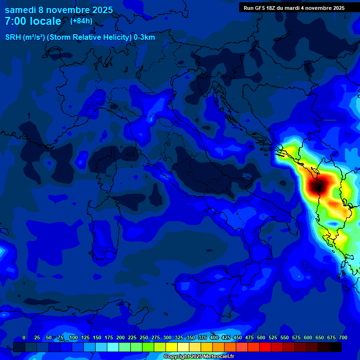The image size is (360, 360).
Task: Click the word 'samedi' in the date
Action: (x=21, y=10)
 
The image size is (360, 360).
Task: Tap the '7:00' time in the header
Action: (x=15, y=22)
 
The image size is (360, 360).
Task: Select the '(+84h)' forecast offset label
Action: (x=81, y=21)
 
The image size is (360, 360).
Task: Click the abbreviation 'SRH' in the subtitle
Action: (x=14, y=37)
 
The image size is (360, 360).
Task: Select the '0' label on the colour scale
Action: (x=24, y=337)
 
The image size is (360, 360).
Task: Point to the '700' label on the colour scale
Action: (x=343, y=337)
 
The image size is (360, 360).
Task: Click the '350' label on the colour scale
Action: (x=191, y=337)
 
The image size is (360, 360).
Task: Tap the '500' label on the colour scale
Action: (x=261, y=337)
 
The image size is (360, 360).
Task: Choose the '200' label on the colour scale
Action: (x=120, y=337)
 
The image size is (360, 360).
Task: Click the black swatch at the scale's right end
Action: (x=335, y=347)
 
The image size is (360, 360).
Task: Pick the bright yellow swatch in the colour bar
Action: (x=172, y=347)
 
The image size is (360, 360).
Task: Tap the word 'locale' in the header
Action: (x=45, y=22)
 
